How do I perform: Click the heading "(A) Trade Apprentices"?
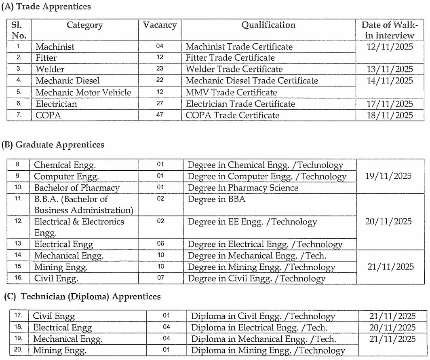click(x=46, y=7)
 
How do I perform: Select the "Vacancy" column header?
click(x=160, y=25)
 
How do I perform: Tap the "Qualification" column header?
click(x=268, y=25)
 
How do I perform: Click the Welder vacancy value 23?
click(x=160, y=69)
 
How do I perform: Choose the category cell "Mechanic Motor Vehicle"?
click(x=83, y=92)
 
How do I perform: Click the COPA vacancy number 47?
click(x=160, y=115)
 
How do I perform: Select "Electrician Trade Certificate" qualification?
click(x=240, y=104)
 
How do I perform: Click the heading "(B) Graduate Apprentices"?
click(x=53, y=145)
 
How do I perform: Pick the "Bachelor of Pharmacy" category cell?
click(x=77, y=188)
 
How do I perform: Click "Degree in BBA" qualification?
click(x=217, y=199)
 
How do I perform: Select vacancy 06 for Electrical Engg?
click(x=160, y=244)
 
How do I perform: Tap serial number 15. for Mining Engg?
click(x=19, y=267)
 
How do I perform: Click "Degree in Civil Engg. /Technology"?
click(x=256, y=279)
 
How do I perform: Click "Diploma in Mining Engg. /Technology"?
click(x=268, y=351)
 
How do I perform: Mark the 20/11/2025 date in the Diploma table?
click(x=392, y=328)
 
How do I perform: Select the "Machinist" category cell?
click(x=55, y=47)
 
